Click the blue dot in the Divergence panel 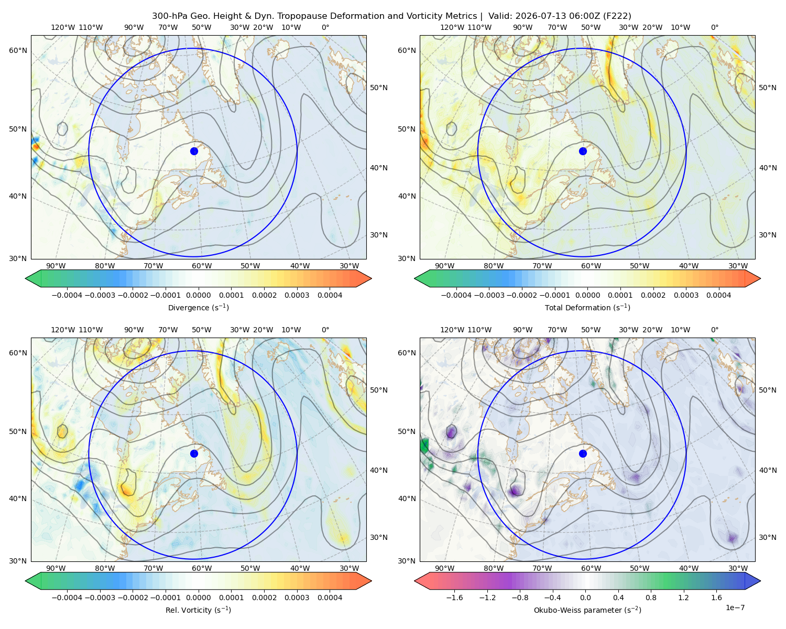pos(194,151)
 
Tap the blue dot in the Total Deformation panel pos(583,151)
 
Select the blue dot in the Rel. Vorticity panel pos(194,453)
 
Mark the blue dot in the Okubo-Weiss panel pos(583,453)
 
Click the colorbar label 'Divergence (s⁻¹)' pos(198,307)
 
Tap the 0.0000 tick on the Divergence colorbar pos(198,295)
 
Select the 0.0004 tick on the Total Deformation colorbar pos(718,295)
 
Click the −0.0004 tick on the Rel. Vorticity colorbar pos(67,597)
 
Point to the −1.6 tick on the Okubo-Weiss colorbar pos(454,597)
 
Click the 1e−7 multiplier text pos(735,607)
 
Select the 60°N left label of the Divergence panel pos(18,50)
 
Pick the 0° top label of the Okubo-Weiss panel pos(714,329)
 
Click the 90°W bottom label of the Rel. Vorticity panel pos(56,568)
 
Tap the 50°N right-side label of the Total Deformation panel pos(767,88)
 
